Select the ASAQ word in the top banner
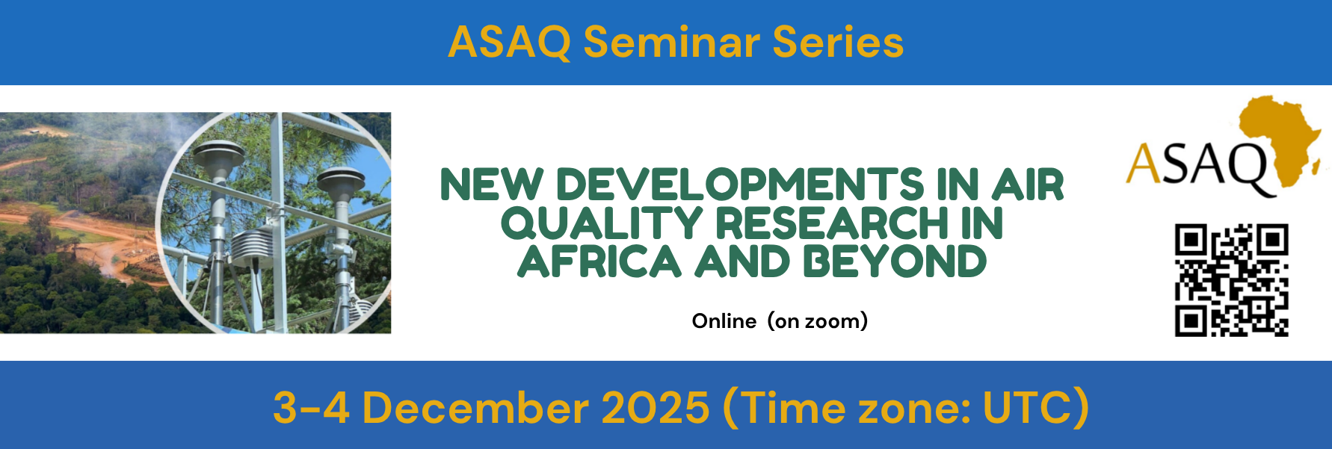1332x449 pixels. (510, 43)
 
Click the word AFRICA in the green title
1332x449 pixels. (599, 261)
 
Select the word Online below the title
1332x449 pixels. (724, 321)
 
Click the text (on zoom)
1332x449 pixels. (818, 321)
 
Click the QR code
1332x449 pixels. (1231, 280)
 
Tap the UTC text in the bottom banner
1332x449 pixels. (1029, 408)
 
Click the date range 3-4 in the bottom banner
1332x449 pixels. (311, 408)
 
